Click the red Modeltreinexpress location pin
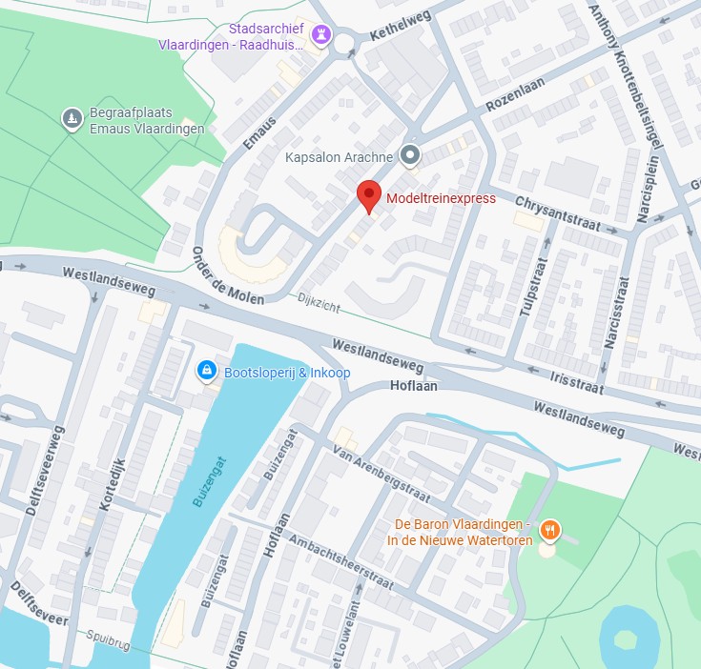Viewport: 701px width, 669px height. [369, 195]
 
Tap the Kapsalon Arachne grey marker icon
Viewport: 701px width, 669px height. [410, 154]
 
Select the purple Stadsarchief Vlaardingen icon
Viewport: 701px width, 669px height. [321, 37]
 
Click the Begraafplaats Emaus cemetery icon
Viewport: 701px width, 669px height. [71, 119]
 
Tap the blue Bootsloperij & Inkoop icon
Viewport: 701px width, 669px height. [205, 371]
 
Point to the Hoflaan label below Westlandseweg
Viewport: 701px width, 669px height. [413, 385]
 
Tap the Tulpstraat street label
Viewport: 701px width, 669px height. [531, 294]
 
